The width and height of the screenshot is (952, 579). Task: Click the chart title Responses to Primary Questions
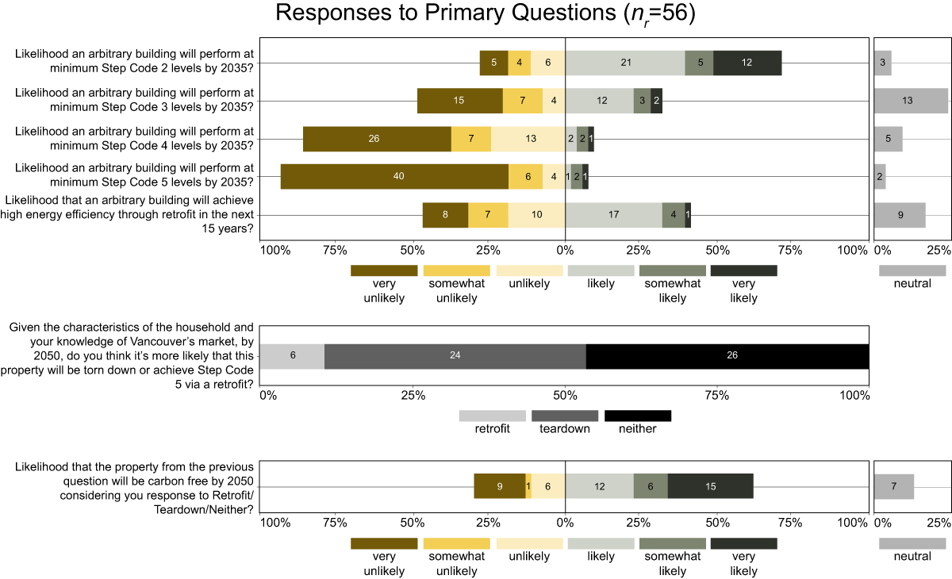tap(485, 13)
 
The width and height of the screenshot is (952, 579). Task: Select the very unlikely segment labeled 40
tap(394, 176)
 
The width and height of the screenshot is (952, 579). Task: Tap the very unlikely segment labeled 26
tap(377, 139)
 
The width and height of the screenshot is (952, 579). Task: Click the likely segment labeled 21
tap(625, 63)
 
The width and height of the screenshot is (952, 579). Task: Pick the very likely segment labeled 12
tap(747, 63)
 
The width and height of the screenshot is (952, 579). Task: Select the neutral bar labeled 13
tap(910, 101)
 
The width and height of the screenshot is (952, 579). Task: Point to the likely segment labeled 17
tap(613, 215)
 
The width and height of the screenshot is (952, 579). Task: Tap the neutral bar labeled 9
tap(900, 215)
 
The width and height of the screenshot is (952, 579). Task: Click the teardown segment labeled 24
tap(455, 356)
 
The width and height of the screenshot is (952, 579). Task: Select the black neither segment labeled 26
tap(727, 356)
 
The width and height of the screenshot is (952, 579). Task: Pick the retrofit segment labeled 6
tap(292, 356)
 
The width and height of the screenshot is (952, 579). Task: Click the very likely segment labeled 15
tap(710, 486)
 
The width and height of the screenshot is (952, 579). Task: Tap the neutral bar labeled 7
tap(894, 486)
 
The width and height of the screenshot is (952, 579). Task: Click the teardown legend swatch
tap(564, 416)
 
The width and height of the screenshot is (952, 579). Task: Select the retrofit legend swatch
tap(492, 416)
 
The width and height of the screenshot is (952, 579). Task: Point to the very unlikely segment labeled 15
tap(459, 101)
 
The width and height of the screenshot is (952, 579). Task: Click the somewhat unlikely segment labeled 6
tap(525, 176)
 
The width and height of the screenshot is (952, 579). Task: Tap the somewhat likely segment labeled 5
tap(699, 63)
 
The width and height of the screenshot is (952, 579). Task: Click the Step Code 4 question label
tap(134, 138)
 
